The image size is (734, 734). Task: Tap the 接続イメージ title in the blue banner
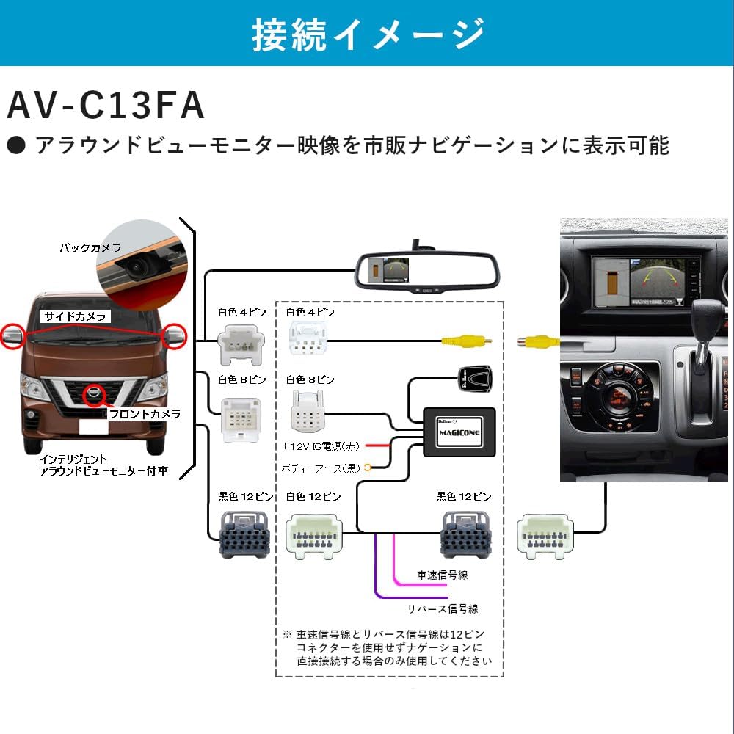(368, 33)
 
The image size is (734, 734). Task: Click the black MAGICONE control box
(459, 432)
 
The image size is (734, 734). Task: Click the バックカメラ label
(90, 248)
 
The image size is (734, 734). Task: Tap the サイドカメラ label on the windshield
(76, 316)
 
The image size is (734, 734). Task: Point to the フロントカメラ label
(144, 414)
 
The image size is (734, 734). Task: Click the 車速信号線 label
(443, 575)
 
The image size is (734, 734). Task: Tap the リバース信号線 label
(443, 608)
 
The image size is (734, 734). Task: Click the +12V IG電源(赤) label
(321, 446)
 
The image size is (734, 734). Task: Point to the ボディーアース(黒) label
(321, 468)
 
